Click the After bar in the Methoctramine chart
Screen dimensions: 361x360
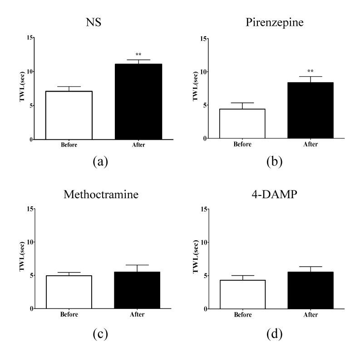pyautogui.click(x=138, y=290)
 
